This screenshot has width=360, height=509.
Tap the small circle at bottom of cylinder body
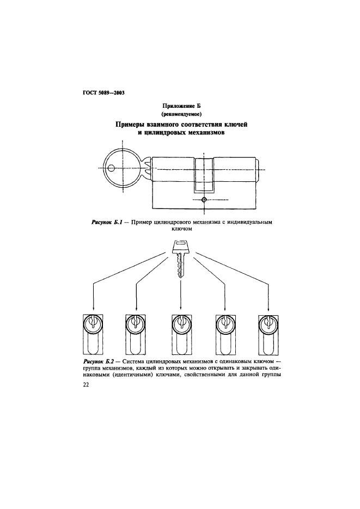203,200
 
